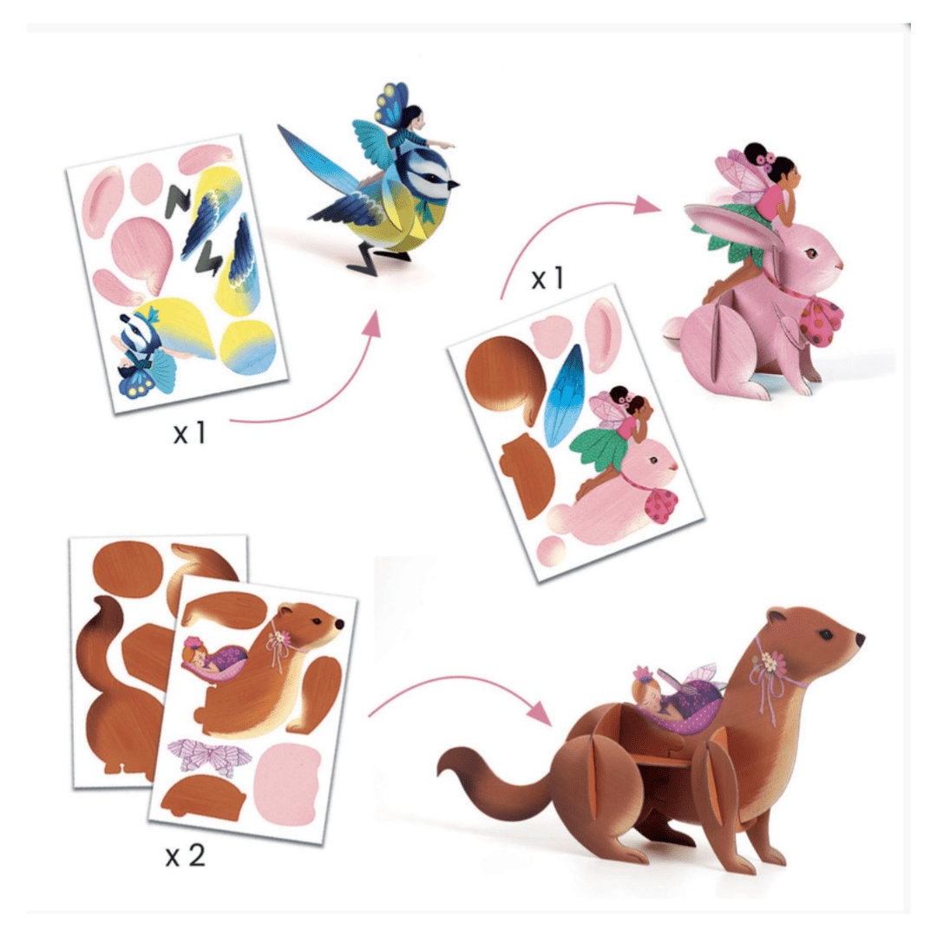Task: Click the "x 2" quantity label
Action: click(186, 855)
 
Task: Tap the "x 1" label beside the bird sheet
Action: click(190, 432)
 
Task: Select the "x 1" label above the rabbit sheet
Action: click(547, 278)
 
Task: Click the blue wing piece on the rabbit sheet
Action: click(561, 395)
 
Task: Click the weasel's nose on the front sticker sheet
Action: click(340, 625)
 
